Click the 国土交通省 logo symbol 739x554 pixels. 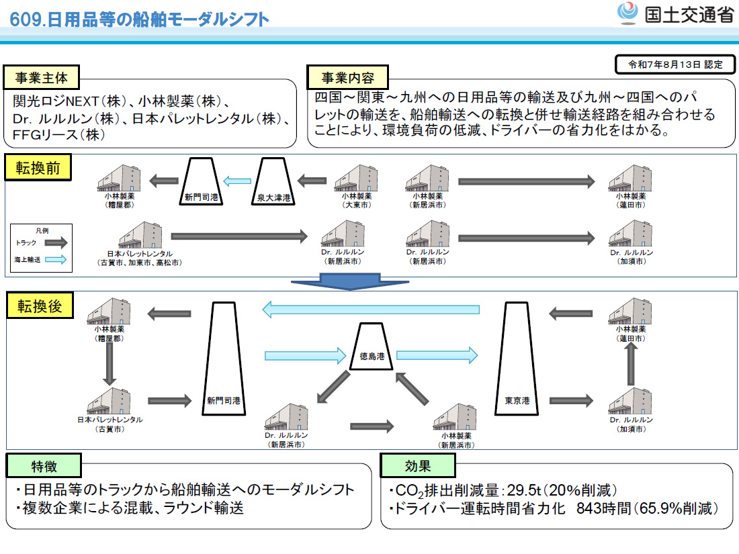(629, 14)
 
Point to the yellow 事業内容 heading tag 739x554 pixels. (347, 78)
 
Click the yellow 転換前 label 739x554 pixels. (39, 168)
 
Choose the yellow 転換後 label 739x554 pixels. (39, 306)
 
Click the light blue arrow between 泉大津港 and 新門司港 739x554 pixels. (236, 180)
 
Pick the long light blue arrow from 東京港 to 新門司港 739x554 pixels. (371, 310)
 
